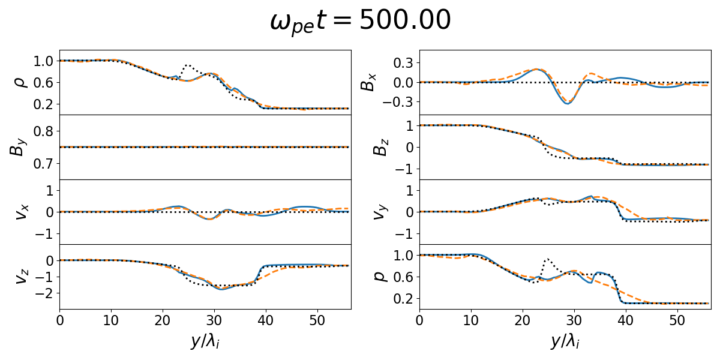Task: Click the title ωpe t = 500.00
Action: coord(360,22)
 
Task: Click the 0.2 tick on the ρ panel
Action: coord(43,104)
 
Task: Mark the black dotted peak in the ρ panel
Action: coord(187,65)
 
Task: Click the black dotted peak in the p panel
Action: coord(547,259)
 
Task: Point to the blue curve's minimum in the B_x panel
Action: coord(566,104)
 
